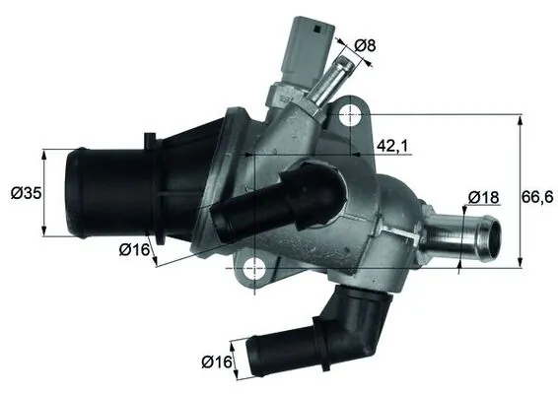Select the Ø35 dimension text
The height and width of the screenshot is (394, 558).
pos(20,193)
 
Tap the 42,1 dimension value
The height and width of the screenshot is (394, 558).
pos(393,146)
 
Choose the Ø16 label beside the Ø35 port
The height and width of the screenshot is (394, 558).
pos(135,250)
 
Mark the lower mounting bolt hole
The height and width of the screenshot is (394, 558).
pos(254,265)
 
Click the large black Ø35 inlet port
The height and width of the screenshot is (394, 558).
pos(84,192)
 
